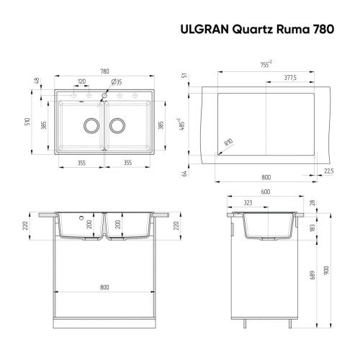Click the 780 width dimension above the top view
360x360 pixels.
[105, 72]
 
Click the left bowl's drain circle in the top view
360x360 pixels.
[91, 125]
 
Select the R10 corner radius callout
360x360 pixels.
[228, 144]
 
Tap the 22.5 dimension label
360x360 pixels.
[328, 171]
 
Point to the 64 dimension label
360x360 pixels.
[185, 173]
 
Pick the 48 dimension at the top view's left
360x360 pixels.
[35, 81]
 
